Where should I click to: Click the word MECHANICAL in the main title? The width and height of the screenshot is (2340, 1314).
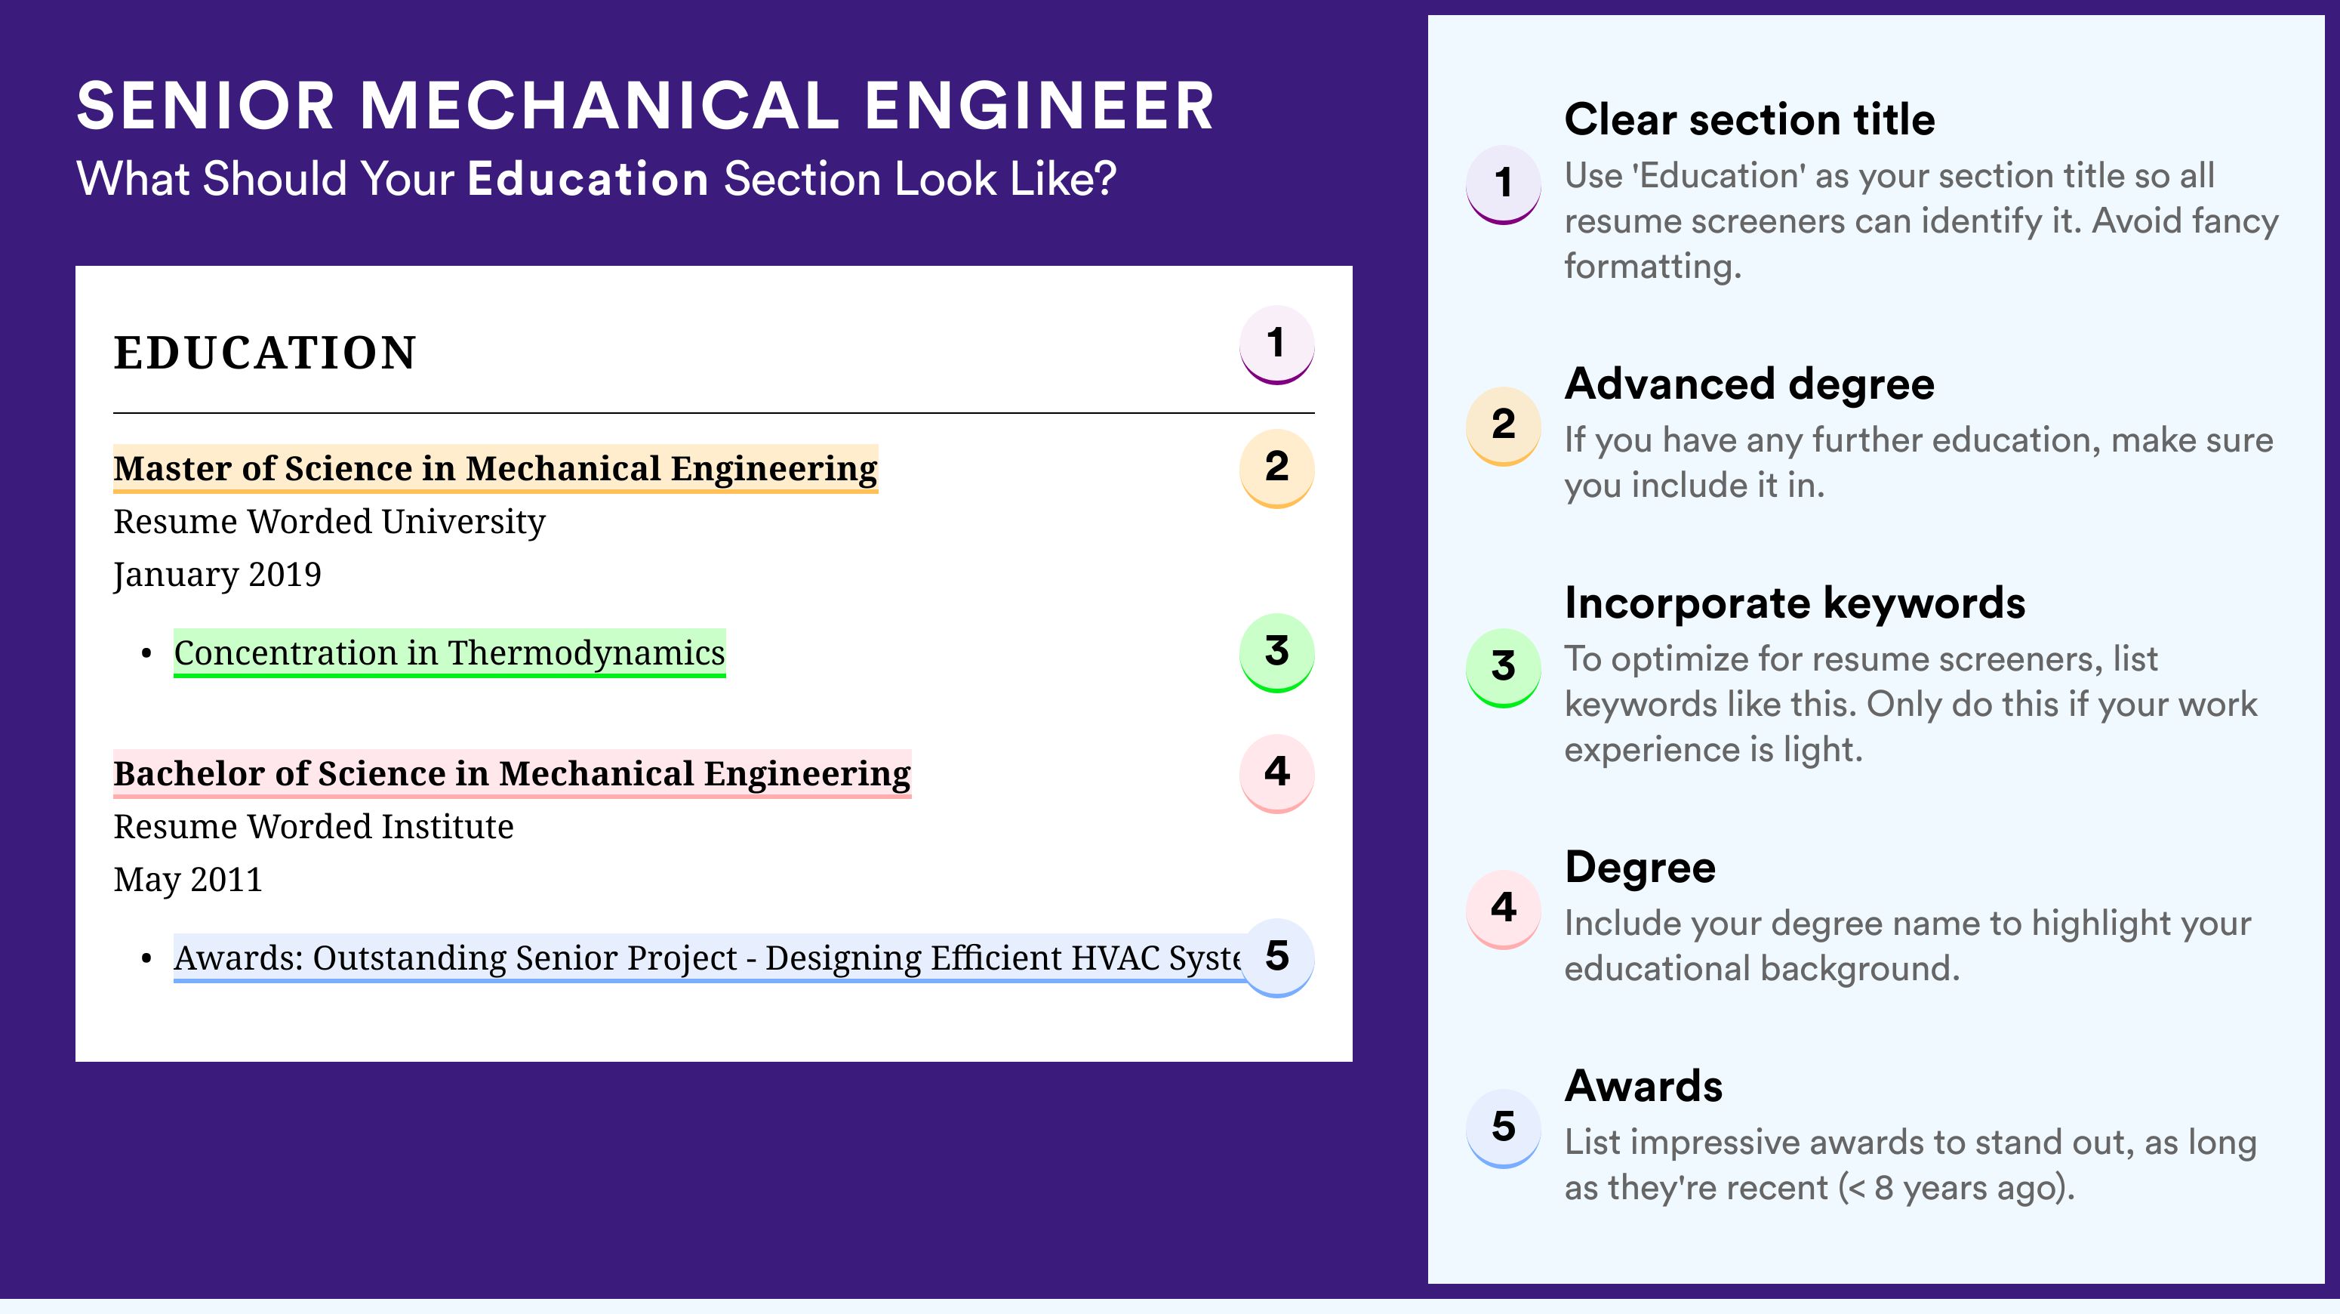coord(599,106)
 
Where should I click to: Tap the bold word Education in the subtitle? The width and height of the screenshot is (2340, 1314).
coord(588,178)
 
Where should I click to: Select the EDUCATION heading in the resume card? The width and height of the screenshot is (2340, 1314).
coord(264,353)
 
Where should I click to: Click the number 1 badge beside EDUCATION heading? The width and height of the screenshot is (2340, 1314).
coord(1276,344)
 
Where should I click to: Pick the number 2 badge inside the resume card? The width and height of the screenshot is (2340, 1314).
coord(1276,468)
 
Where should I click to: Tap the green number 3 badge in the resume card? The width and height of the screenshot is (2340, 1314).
coord(1276,652)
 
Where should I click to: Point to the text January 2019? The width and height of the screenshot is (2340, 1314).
coord(217,575)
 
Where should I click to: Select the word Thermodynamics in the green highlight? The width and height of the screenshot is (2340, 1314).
coord(586,653)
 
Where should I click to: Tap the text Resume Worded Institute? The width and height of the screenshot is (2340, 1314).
coord(313,827)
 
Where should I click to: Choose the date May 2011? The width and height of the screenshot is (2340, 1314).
coord(188,880)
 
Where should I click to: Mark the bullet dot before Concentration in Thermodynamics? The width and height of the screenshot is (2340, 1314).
coord(146,654)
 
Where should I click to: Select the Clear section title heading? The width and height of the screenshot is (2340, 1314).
coord(1750,119)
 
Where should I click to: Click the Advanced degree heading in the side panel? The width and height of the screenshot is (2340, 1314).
coord(1750,384)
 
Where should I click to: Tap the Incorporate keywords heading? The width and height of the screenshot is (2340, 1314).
coord(1795,603)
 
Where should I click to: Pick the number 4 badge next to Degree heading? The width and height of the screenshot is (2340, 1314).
coord(1504,908)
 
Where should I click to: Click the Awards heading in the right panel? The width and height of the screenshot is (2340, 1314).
coord(1643,1086)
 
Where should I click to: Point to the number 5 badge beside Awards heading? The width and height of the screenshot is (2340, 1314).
coord(1504,1127)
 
